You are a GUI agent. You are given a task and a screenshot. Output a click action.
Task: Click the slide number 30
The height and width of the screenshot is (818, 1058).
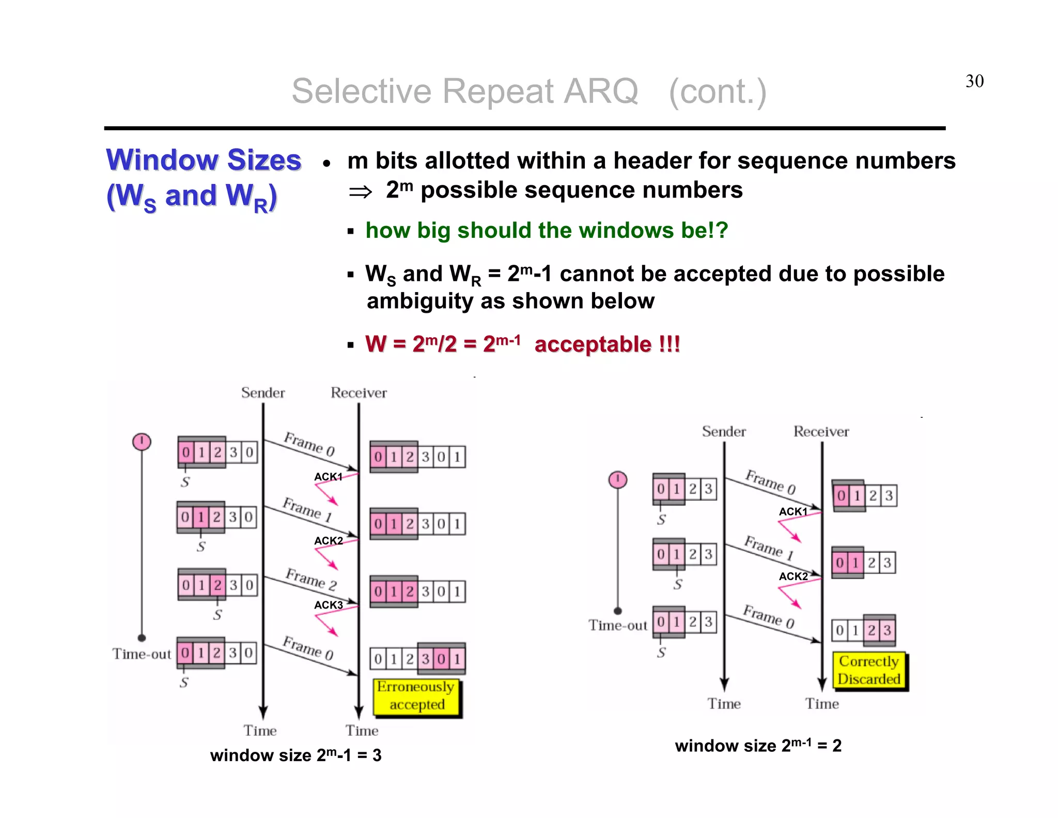[x=974, y=81]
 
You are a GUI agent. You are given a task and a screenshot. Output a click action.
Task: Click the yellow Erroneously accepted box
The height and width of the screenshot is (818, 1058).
[x=416, y=696]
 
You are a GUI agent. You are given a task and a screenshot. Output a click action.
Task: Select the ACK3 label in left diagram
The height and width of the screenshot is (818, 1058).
[x=329, y=605]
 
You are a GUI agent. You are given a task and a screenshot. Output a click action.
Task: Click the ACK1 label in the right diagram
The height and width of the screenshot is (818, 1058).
[x=793, y=511]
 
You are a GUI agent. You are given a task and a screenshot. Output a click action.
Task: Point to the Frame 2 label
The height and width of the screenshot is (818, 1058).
[x=312, y=579]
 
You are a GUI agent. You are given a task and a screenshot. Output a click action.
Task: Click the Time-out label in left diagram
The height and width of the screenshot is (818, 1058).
[x=142, y=654]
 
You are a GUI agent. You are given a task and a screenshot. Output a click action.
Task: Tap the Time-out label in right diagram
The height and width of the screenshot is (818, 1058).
[x=618, y=626]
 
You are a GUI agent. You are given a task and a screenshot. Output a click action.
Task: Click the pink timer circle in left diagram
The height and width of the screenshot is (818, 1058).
[x=142, y=442]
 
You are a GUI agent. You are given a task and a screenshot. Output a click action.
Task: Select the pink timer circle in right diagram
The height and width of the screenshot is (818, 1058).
[x=618, y=480]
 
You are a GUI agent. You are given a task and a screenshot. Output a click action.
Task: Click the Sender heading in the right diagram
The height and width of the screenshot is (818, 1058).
[x=724, y=432]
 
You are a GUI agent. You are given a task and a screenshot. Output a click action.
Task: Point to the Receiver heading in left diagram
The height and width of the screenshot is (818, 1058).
[x=359, y=393]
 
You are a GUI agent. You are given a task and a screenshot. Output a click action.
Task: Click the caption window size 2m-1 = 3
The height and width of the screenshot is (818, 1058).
[x=295, y=755]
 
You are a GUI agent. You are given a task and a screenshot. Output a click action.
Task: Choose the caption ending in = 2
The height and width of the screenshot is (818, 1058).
[x=758, y=746]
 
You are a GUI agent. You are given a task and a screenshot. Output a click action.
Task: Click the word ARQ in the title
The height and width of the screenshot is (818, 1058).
[x=600, y=92]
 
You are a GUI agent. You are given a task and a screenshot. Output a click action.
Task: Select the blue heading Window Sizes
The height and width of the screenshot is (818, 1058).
[x=204, y=160]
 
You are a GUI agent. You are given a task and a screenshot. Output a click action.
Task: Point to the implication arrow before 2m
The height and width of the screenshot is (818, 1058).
[x=360, y=192]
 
